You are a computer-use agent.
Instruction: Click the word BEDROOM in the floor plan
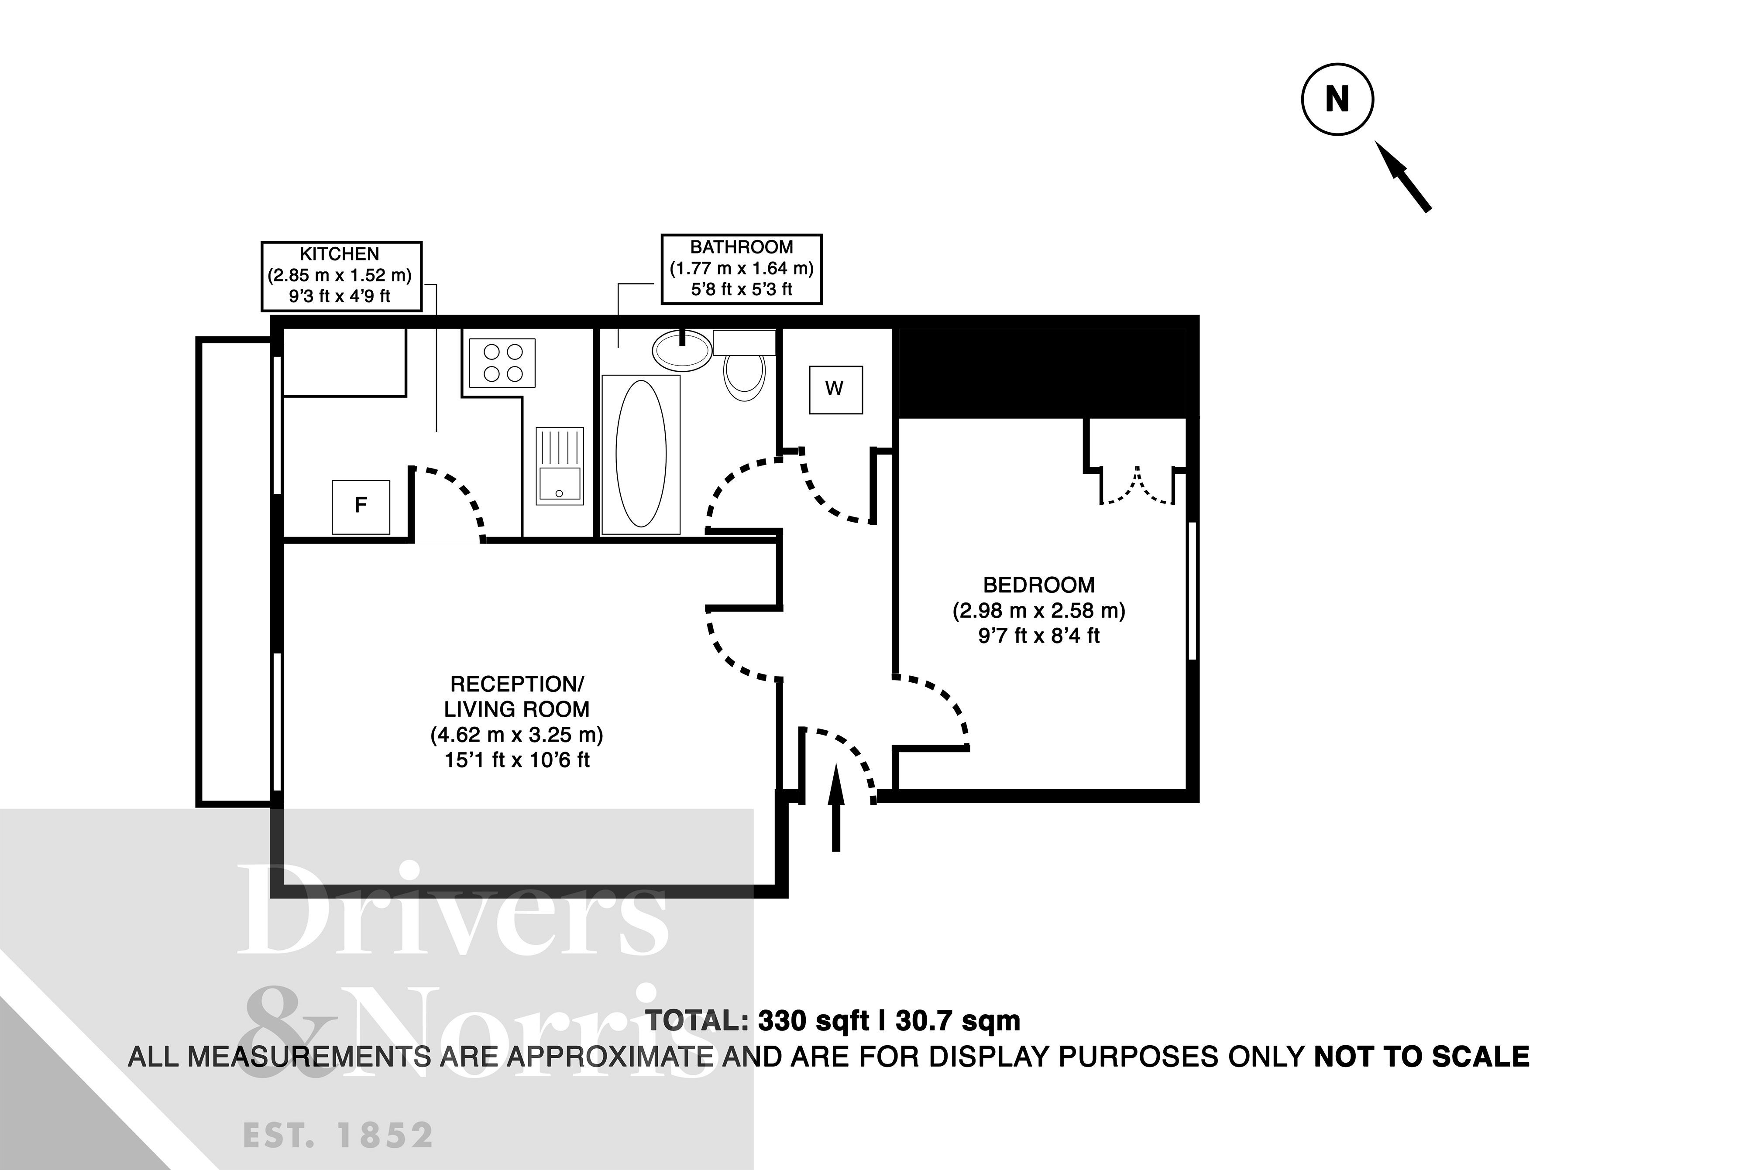click(1038, 585)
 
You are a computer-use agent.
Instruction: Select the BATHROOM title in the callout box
click(741, 247)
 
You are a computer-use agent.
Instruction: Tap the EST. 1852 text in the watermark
click(338, 1135)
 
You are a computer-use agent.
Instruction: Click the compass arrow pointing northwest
click(1402, 177)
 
